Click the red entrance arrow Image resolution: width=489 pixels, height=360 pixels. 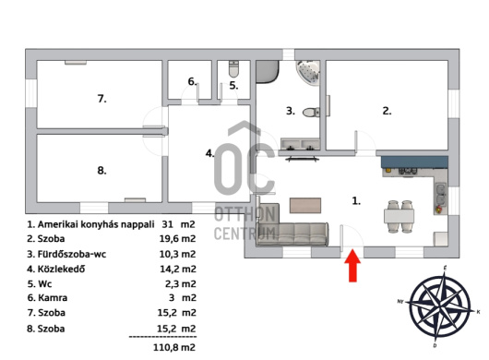(352, 266)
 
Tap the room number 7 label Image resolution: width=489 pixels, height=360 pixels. (102, 99)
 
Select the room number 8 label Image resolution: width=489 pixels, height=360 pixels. (102, 171)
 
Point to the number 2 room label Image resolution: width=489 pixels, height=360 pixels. (387, 111)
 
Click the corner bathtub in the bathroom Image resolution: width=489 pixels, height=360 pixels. (309, 71)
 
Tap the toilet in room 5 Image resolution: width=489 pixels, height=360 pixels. (233, 69)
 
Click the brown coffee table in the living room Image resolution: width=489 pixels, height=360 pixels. (305, 206)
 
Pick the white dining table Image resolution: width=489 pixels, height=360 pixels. (399, 216)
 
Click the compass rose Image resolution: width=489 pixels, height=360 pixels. (440, 306)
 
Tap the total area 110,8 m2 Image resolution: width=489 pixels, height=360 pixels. (174, 347)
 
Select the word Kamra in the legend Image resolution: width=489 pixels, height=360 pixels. (53, 298)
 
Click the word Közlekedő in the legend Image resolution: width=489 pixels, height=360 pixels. (61, 269)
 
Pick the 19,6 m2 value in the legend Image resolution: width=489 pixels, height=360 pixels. (177, 239)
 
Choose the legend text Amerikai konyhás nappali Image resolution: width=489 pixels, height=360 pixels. (96, 224)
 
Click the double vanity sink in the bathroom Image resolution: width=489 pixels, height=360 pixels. (301, 144)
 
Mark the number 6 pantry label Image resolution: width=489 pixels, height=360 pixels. (193, 81)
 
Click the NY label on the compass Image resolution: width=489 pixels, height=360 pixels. (400, 301)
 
